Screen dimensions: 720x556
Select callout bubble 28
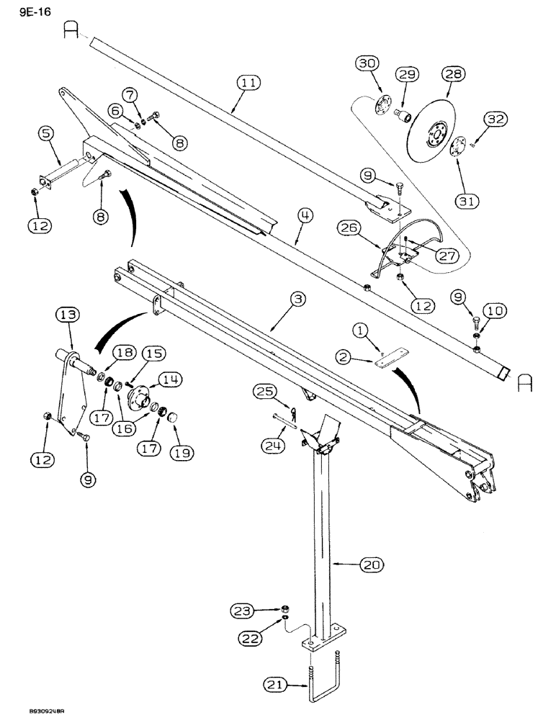tap(455, 74)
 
